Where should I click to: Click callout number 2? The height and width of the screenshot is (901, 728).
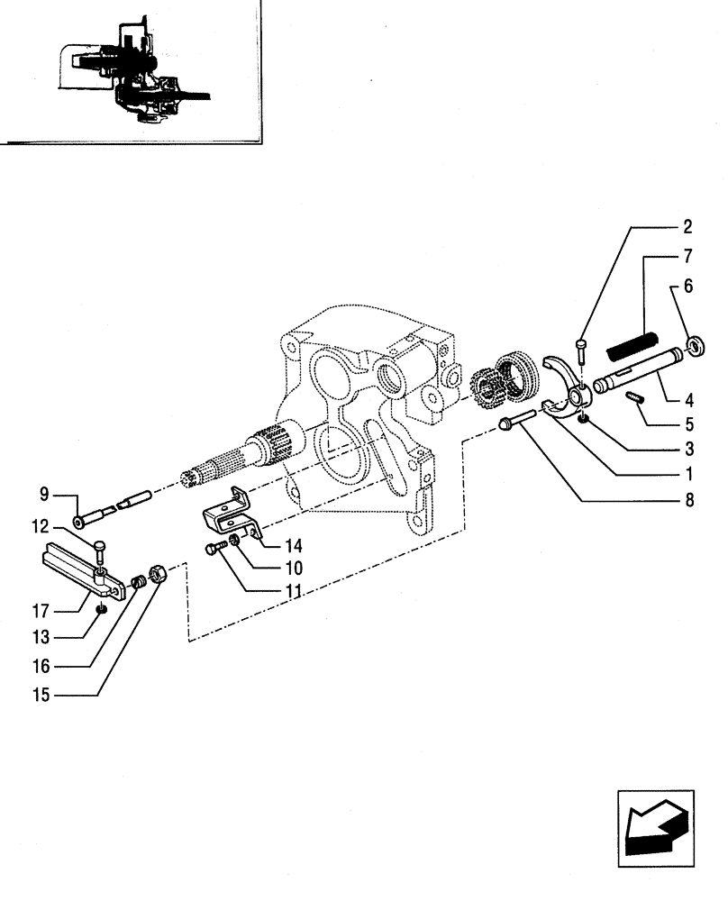[x=688, y=226]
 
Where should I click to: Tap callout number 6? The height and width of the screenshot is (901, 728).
[x=688, y=287]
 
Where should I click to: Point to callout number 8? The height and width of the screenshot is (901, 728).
[x=688, y=501]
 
